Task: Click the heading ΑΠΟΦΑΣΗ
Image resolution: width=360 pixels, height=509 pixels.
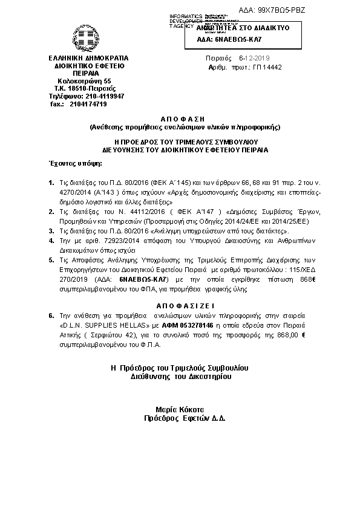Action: coord(180,119)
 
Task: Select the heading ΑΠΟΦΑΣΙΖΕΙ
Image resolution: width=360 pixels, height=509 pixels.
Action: coord(180,305)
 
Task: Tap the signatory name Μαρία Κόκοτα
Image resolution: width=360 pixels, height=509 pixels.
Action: coord(180,409)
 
